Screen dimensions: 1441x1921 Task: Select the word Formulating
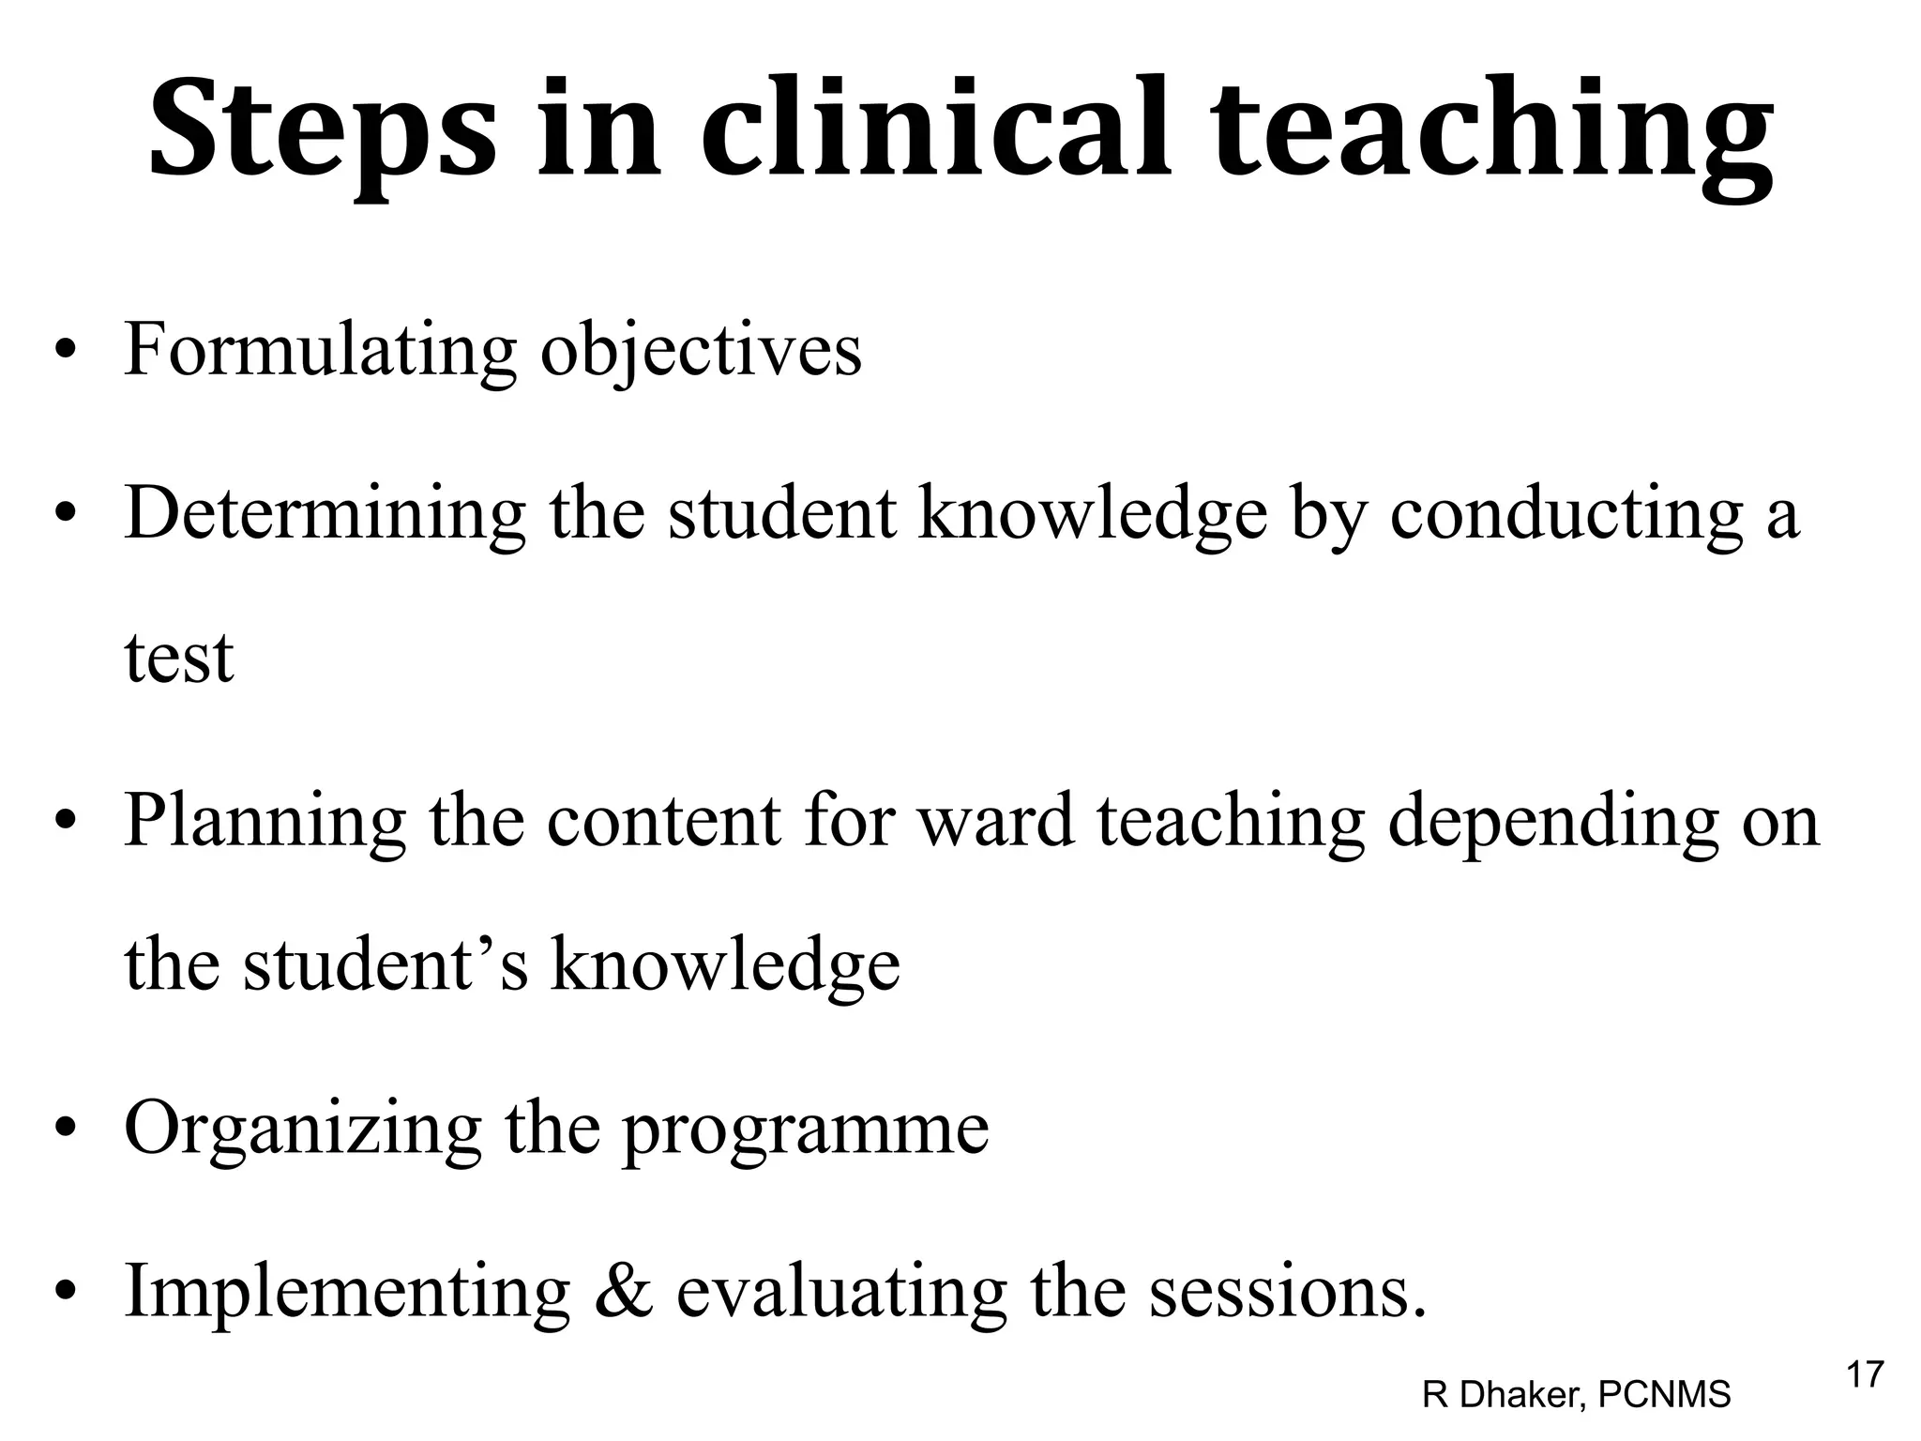(320, 350)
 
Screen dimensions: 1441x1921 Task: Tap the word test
(178, 658)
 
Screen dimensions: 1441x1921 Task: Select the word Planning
(265, 822)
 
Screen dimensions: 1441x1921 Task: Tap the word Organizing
(302, 1130)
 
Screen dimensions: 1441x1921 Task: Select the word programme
(806, 1130)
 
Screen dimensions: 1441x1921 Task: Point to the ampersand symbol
(623, 1292)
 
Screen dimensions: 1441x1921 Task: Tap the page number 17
(1865, 1375)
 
